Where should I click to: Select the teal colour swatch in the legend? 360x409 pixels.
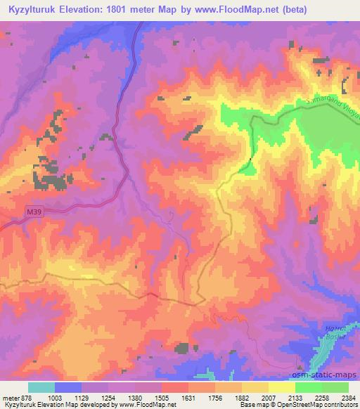pos(41,387)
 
